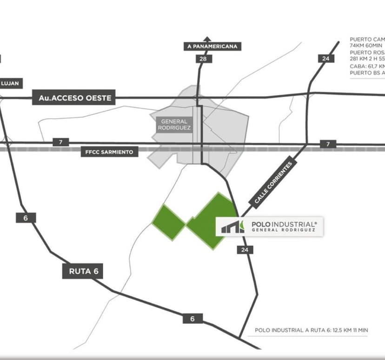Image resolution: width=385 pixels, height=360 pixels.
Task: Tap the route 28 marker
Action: (x=203, y=59)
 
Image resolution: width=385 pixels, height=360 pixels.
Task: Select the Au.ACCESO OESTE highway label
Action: (x=73, y=98)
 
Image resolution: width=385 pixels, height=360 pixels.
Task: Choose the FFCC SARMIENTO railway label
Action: (x=109, y=152)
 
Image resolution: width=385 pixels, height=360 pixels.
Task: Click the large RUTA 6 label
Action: (x=82, y=271)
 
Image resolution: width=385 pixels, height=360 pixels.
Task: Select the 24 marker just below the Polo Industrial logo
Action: (x=245, y=250)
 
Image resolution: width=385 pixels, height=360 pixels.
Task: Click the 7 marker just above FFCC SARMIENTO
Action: (x=60, y=142)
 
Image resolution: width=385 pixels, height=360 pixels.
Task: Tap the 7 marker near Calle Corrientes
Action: (x=328, y=144)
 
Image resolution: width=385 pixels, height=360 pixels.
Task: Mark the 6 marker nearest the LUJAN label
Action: (x=26, y=217)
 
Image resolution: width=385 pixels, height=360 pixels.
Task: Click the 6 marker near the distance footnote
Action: (x=192, y=319)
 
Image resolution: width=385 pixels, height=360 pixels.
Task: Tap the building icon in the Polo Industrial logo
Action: (x=232, y=227)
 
